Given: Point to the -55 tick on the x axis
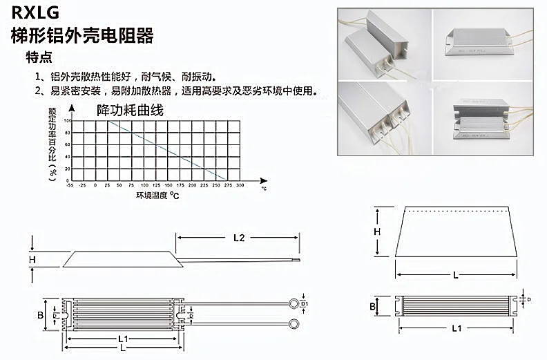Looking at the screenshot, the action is click(x=70, y=186).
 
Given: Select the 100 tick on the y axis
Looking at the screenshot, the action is click(x=66, y=121).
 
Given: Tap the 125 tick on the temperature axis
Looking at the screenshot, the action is click(x=155, y=186).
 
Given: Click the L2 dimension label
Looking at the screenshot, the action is click(x=238, y=238).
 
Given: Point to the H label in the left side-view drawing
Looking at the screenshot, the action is click(x=32, y=260).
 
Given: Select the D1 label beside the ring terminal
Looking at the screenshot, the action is click(x=305, y=303).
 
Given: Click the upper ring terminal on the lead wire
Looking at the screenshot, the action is click(x=295, y=303).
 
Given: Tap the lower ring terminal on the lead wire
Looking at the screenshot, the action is click(x=295, y=323).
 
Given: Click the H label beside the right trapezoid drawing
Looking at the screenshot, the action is click(x=377, y=232).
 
